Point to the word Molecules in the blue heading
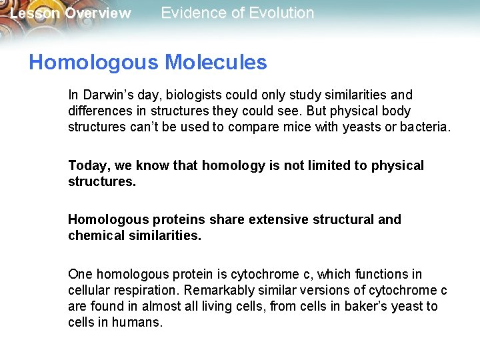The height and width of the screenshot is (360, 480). [x=215, y=63]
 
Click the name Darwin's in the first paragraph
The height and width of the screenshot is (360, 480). [x=105, y=95]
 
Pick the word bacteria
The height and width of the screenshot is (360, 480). [x=424, y=127]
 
